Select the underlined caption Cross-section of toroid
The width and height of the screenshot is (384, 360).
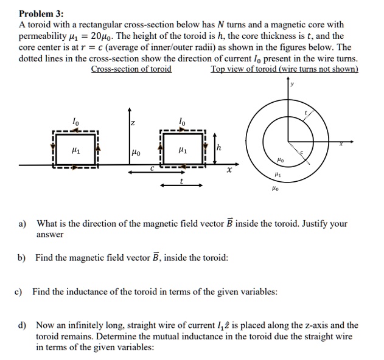pyautogui.click(x=131, y=69)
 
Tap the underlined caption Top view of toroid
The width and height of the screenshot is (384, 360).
pyautogui.click(x=284, y=69)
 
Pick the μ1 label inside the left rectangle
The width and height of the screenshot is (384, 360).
pyautogui.click(x=75, y=148)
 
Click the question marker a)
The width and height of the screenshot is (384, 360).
pyautogui.click(x=23, y=224)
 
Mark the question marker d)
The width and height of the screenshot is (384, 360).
pyautogui.click(x=23, y=325)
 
